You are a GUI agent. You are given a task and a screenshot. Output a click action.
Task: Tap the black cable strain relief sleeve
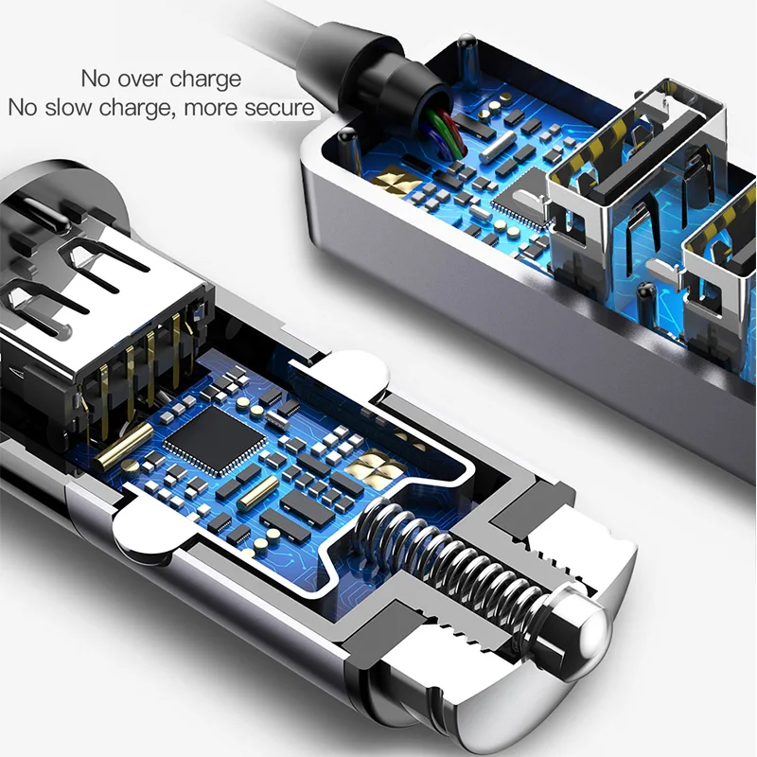379,66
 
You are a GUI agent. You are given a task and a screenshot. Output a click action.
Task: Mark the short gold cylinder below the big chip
258,490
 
